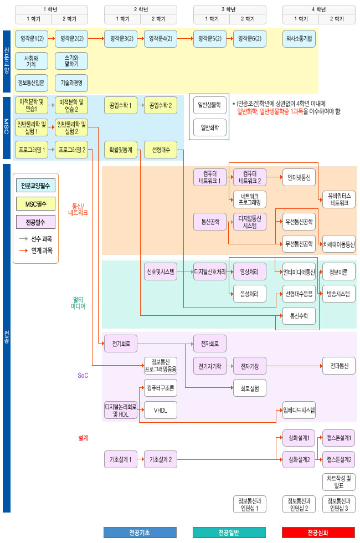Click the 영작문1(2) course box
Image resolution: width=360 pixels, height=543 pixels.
(32, 39)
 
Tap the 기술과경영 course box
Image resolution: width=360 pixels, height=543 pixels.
(71, 83)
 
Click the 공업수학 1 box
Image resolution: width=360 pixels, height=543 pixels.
(120, 105)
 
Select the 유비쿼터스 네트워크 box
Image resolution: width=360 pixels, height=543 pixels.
(339, 199)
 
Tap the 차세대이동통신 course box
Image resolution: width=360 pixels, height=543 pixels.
(339, 244)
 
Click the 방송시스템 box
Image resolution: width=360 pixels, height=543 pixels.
(339, 294)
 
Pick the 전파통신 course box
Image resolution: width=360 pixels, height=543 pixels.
(339, 366)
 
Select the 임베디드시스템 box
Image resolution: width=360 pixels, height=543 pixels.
(299, 410)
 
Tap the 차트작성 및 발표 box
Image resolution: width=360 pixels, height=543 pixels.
(339, 481)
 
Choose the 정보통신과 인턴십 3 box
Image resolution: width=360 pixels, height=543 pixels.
(339, 504)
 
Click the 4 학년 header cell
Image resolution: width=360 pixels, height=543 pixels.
(318, 9)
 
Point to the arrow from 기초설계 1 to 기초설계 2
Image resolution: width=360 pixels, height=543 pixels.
(140, 459)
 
